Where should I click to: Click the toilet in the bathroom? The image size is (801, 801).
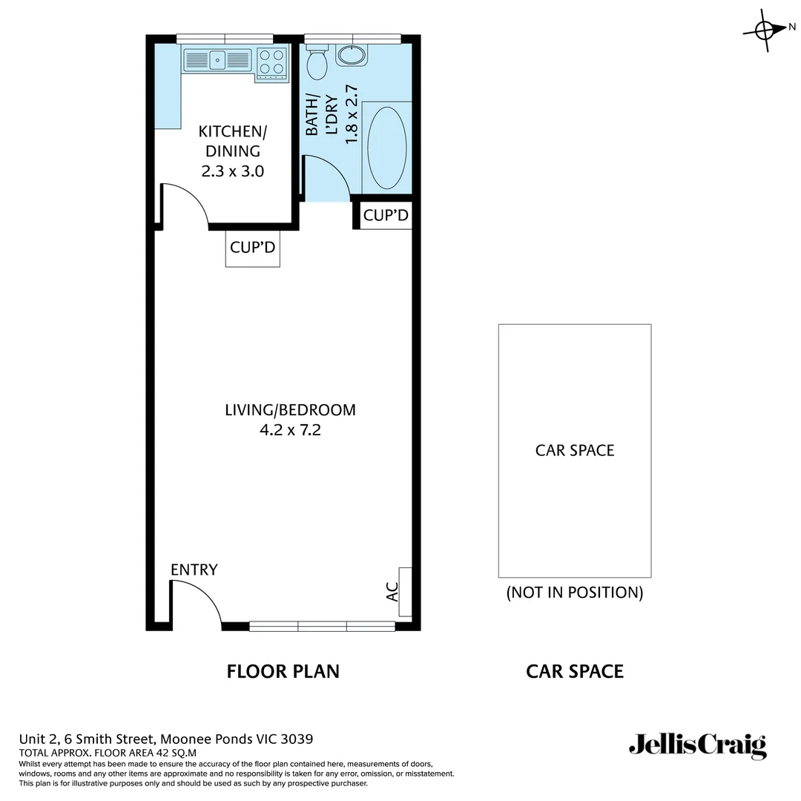[317, 63]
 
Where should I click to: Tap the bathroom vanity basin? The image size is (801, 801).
[350, 55]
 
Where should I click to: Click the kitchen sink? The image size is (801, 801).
[217, 59]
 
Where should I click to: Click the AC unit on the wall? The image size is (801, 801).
[405, 592]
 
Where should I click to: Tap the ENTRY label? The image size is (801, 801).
[194, 570]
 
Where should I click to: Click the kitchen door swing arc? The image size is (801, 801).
[188, 200]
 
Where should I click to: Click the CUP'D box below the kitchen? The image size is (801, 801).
[253, 248]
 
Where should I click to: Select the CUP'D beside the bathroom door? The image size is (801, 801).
[386, 216]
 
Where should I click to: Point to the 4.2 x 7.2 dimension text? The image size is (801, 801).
[290, 429]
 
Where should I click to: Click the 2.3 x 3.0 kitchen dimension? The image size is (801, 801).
[233, 171]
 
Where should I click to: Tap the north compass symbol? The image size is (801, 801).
[765, 30]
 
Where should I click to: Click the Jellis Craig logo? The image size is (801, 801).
[697, 745]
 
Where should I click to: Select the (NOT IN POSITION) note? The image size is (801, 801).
[574, 593]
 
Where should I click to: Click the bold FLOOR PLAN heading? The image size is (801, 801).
[283, 671]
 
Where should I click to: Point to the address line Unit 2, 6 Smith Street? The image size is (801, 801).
[165, 739]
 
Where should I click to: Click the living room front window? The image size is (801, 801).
[322, 627]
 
